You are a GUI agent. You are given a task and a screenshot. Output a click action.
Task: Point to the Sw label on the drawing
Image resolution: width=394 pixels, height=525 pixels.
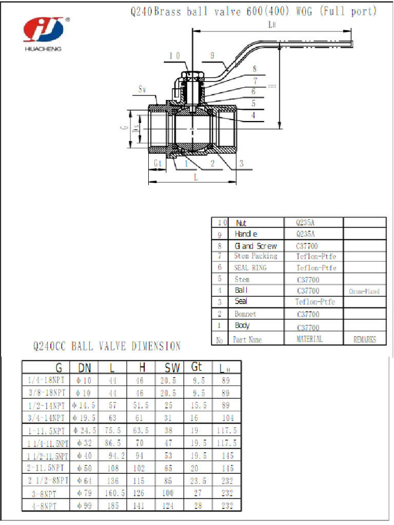click(x=143, y=89)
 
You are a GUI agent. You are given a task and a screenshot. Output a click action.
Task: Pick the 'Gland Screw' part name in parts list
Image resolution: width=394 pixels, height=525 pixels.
click(x=256, y=246)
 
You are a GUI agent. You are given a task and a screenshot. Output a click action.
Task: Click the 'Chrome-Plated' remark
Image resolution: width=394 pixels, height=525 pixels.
click(x=364, y=291)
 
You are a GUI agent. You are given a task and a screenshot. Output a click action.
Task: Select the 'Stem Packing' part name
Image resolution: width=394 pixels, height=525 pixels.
click(x=255, y=256)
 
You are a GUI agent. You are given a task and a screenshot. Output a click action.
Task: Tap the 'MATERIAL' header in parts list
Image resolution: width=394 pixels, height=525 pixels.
click(x=309, y=339)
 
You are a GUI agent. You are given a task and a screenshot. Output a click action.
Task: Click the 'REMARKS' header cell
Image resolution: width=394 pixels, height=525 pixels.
click(x=364, y=339)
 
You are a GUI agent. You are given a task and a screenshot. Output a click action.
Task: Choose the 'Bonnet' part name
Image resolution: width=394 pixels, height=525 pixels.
click(x=245, y=314)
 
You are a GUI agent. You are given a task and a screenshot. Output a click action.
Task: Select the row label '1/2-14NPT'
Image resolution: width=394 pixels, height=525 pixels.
click(x=46, y=405)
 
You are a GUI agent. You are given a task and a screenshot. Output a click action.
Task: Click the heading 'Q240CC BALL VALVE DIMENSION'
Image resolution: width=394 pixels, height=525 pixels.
click(x=107, y=347)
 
